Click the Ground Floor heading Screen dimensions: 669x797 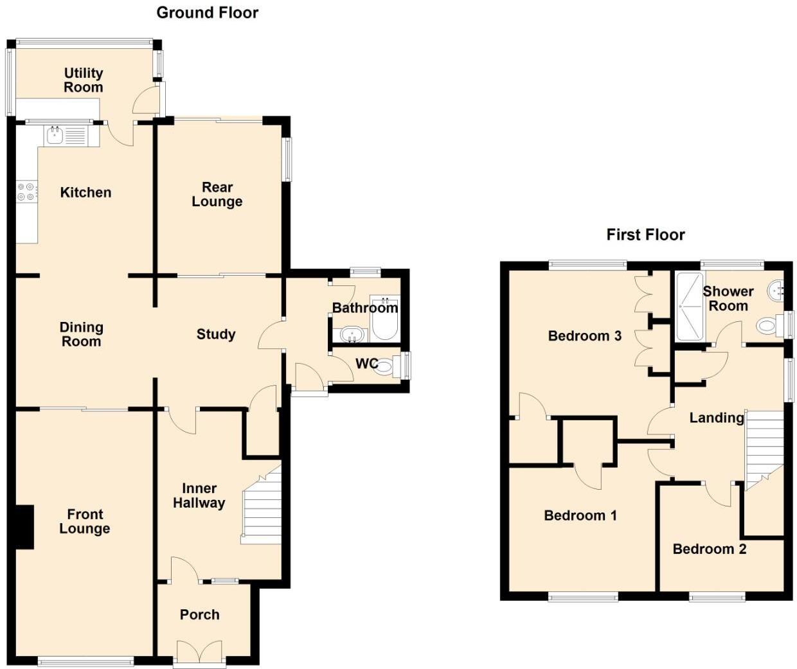click(x=207, y=13)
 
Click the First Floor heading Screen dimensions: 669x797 click(x=645, y=235)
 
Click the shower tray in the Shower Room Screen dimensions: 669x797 click(x=690, y=306)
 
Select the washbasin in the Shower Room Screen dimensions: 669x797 click(x=777, y=291)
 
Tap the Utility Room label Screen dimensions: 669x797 click(x=84, y=80)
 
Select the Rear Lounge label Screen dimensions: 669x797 click(x=217, y=194)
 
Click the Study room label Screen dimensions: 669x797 click(x=216, y=334)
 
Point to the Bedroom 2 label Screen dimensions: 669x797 click(x=709, y=549)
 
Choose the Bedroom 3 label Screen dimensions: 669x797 click(x=584, y=335)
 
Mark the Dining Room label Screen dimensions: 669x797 click(x=81, y=334)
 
